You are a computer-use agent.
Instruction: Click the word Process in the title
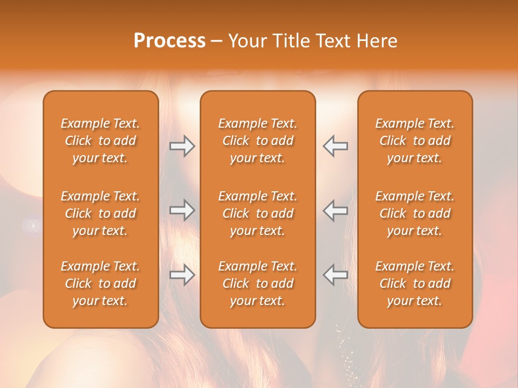pyautogui.click(x=169, y=41)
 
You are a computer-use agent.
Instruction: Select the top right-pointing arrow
pyautogui.click(x=182, y=146)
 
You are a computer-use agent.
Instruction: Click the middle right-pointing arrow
pyautogui.click(x=182, y=210)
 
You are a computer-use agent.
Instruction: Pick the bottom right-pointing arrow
pyautogui.click(x=182, y=275)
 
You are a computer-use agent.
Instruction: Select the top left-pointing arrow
pyautogui.click(x=335, y=146)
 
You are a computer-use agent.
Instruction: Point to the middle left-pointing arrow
pyautogui.click(x=335, y=210)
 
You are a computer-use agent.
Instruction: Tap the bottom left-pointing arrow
pyautogui.click(x=335, y=275)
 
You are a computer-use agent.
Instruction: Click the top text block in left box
pyautogui.click(x=100, y=141)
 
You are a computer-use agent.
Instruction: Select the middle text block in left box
pyautogui.click(x=100, y=213)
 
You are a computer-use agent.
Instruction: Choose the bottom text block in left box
pyautogui.click(x=100, y=283)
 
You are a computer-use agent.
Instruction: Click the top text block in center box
pyautogui.click(x=258, y=141)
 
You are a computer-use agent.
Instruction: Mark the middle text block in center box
pyautogui.click(x=258, y=213)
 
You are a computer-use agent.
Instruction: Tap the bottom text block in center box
pyautogui.click(x=258, y=283)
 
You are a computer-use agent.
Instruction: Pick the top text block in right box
pyautogui.click(x=415, y=141)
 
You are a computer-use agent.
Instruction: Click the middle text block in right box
pyautogui.click(x=415, y=213)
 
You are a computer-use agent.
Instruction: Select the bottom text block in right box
pyautogui.click(x=415, y=283)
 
